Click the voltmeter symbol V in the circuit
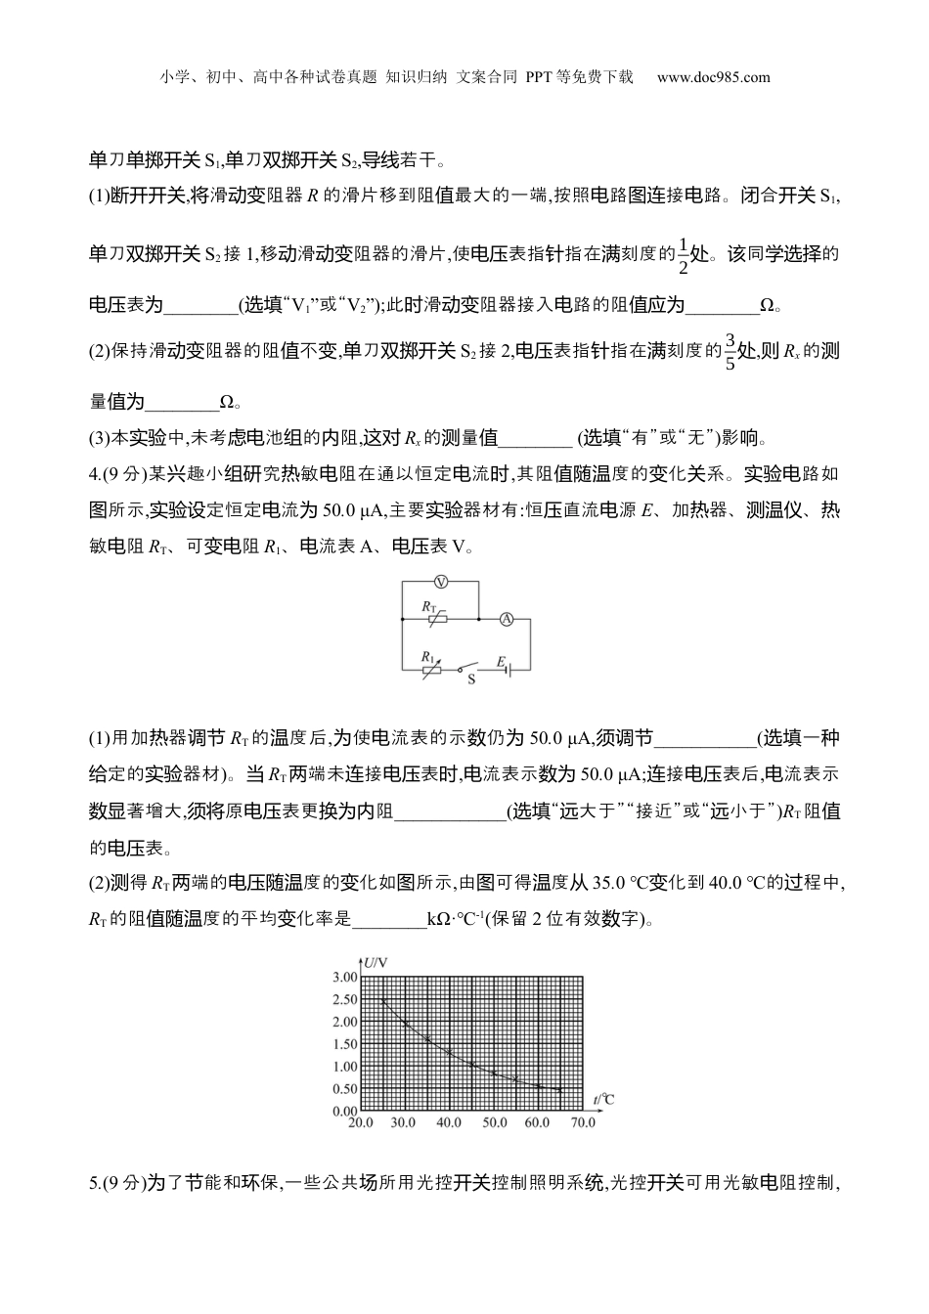coord(441,582)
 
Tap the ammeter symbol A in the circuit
coord(507,619)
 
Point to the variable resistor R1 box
coord(432,668)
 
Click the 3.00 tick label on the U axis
coord(344,977)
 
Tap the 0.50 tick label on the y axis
coord(344,1089)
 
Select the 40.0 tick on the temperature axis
coord(448,1123)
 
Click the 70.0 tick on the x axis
coord(583,1123)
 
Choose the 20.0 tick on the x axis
coord(360,1123)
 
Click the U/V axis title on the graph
coord(376,963)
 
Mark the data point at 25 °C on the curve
coord(383,999)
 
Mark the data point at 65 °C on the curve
coord(559,1089)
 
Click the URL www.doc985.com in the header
coord(713,77)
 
